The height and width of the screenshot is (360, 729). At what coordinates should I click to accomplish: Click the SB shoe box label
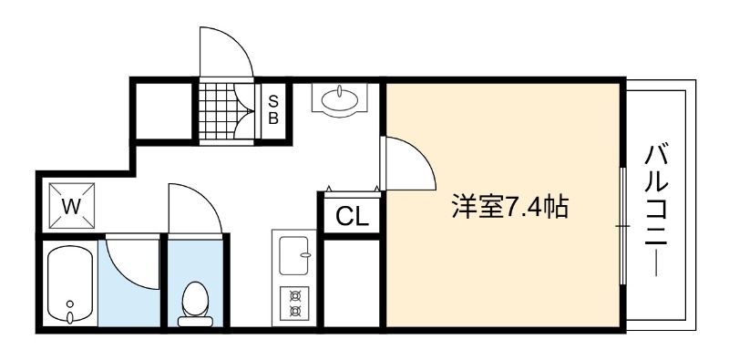tap(273, 109)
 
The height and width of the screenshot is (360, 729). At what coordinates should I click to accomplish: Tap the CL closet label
tap(352, 216)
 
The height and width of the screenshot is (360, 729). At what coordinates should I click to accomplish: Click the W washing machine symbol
tap(72, 206)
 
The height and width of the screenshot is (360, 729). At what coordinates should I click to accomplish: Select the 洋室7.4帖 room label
tap(509, 208)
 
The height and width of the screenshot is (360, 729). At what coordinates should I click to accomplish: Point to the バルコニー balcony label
tap(656, 211)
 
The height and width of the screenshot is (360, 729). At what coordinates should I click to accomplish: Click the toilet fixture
tap(195, 303)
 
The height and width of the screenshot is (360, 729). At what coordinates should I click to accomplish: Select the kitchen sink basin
tap(293, 255)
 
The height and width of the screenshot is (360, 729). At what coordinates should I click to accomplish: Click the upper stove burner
tap(294, 295)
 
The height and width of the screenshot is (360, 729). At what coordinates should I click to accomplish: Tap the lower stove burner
tap(294, 310)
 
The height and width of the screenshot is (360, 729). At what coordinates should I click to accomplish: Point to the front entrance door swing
tap(226, 52)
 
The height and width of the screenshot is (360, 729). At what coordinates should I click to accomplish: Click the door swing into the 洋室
tap(408, 163)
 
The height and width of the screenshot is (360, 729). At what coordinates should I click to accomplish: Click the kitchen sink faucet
tap(305, 255)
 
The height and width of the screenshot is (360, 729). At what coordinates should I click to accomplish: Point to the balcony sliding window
tap(623, 226)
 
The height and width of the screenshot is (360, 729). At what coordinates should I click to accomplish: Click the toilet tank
tap(195, 322)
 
